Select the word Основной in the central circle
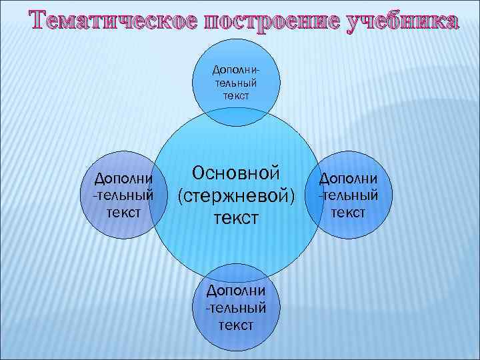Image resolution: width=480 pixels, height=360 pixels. [x=235, y=173]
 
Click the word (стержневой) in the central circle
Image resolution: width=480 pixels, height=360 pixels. [x=235, y=195]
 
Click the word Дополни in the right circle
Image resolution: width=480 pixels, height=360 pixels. [x=349, y=178]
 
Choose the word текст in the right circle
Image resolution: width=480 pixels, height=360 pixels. [x=349, y=211]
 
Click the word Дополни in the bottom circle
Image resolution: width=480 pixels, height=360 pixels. [x=237, y=291]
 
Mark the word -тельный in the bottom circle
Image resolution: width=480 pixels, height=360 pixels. [x=236, y=307]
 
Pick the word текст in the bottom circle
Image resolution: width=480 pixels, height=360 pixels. [x=237, y=325]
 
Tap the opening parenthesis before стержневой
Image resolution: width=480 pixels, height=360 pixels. [x=181, y=196]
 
